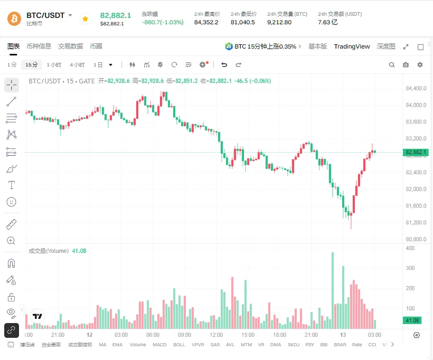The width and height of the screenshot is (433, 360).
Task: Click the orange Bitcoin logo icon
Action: (14, 19)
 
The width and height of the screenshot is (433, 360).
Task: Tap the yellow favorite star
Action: (86, 19)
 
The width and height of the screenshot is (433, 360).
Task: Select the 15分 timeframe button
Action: (32, 65)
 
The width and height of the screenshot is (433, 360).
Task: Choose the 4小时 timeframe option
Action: (77, 65)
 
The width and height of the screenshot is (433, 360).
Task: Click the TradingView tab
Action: (352, 46)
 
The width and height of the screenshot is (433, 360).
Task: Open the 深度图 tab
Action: (386, 46)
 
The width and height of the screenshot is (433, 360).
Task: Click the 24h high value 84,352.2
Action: (206, 22)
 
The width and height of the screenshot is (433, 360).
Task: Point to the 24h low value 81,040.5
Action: (243, 22)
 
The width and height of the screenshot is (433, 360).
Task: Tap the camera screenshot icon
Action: (406, 65)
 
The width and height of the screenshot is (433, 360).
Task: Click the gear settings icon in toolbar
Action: (420, 65)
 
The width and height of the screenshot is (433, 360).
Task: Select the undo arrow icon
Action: (224, 65)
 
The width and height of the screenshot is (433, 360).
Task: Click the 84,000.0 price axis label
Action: (416, 105)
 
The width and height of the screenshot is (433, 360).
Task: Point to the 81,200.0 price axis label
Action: (416, 223)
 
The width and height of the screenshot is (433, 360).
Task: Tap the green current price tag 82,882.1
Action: (416, 153)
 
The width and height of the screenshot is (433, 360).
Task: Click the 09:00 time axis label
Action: (184, 335)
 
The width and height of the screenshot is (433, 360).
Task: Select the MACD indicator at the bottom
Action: (159, 345)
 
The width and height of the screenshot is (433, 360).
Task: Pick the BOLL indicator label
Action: (179, 345)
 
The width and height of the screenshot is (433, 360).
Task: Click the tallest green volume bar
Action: (333, 290)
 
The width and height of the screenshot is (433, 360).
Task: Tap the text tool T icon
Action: (11, 185)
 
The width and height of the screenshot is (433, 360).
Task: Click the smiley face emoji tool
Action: (11, 202)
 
